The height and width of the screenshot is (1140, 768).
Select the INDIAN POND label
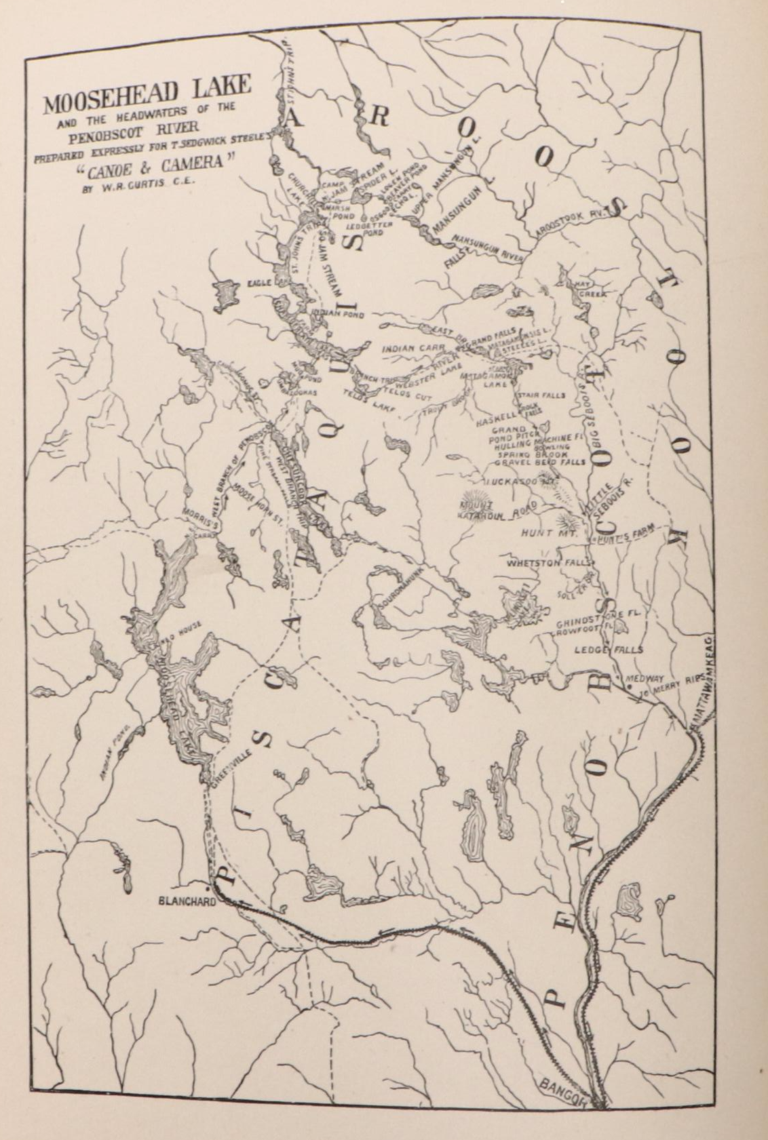tap(340, 315)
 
